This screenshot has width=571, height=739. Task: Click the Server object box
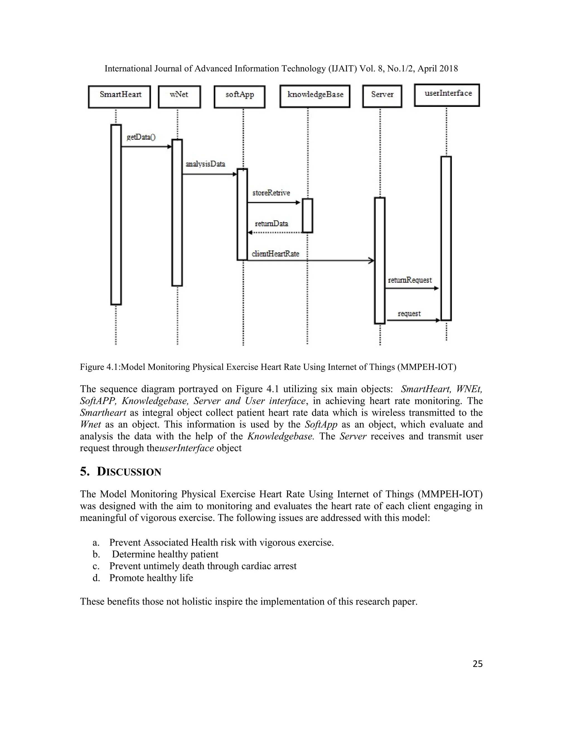382,96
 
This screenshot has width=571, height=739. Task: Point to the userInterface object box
447,95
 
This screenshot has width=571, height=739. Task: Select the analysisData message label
205,164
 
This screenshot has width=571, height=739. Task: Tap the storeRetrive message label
271,193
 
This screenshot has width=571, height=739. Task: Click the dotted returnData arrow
275,233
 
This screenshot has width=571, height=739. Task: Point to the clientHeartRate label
275,254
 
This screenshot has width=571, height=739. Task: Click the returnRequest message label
410,280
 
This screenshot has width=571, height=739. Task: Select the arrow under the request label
413,320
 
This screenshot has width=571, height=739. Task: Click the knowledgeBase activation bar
307,216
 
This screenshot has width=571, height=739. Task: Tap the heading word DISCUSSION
129,472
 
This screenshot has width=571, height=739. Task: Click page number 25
477,664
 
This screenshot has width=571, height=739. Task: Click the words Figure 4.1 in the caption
100,367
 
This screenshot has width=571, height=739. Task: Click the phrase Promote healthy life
151,578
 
